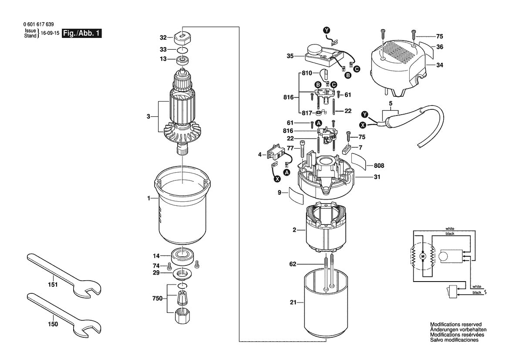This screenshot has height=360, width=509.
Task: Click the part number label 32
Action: coord(151,37)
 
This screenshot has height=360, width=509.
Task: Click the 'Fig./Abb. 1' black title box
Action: coord(82,34)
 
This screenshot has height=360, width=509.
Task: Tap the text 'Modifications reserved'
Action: coord(455,325)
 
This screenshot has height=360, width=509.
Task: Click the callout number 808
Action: coord(378,166)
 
